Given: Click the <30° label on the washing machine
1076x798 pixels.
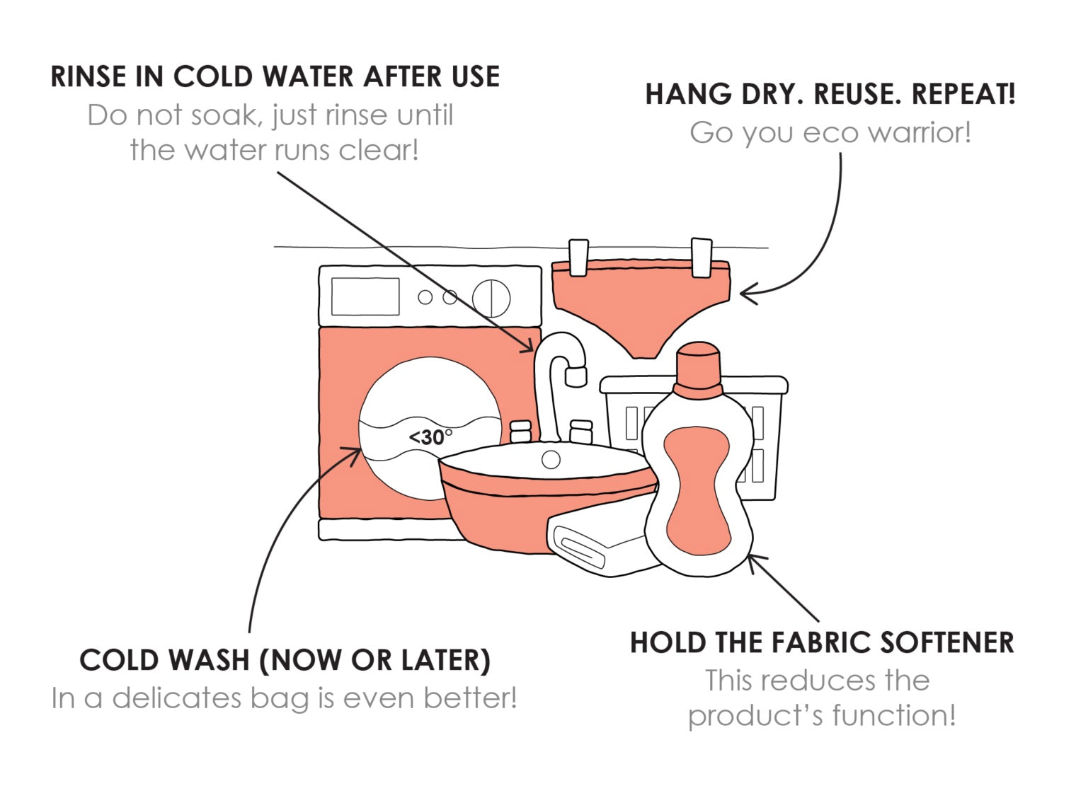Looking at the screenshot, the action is [x=431, y=437].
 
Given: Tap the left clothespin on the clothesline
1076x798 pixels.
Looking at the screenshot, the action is [x=578, y=258].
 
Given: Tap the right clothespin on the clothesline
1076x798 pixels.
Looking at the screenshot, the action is [x=702, y=258].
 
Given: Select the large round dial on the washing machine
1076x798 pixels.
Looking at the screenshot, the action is [x=491, y=298].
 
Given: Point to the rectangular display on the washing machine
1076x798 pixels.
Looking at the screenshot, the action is [x=365, y=296].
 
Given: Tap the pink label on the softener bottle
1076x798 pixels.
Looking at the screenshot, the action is [x=698, y=492].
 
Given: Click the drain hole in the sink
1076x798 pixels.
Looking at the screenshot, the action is [x=551, y=459].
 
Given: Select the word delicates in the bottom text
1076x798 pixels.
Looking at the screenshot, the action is [x=176, y=698].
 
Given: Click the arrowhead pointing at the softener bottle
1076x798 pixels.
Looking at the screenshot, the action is [x=756, y=563].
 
